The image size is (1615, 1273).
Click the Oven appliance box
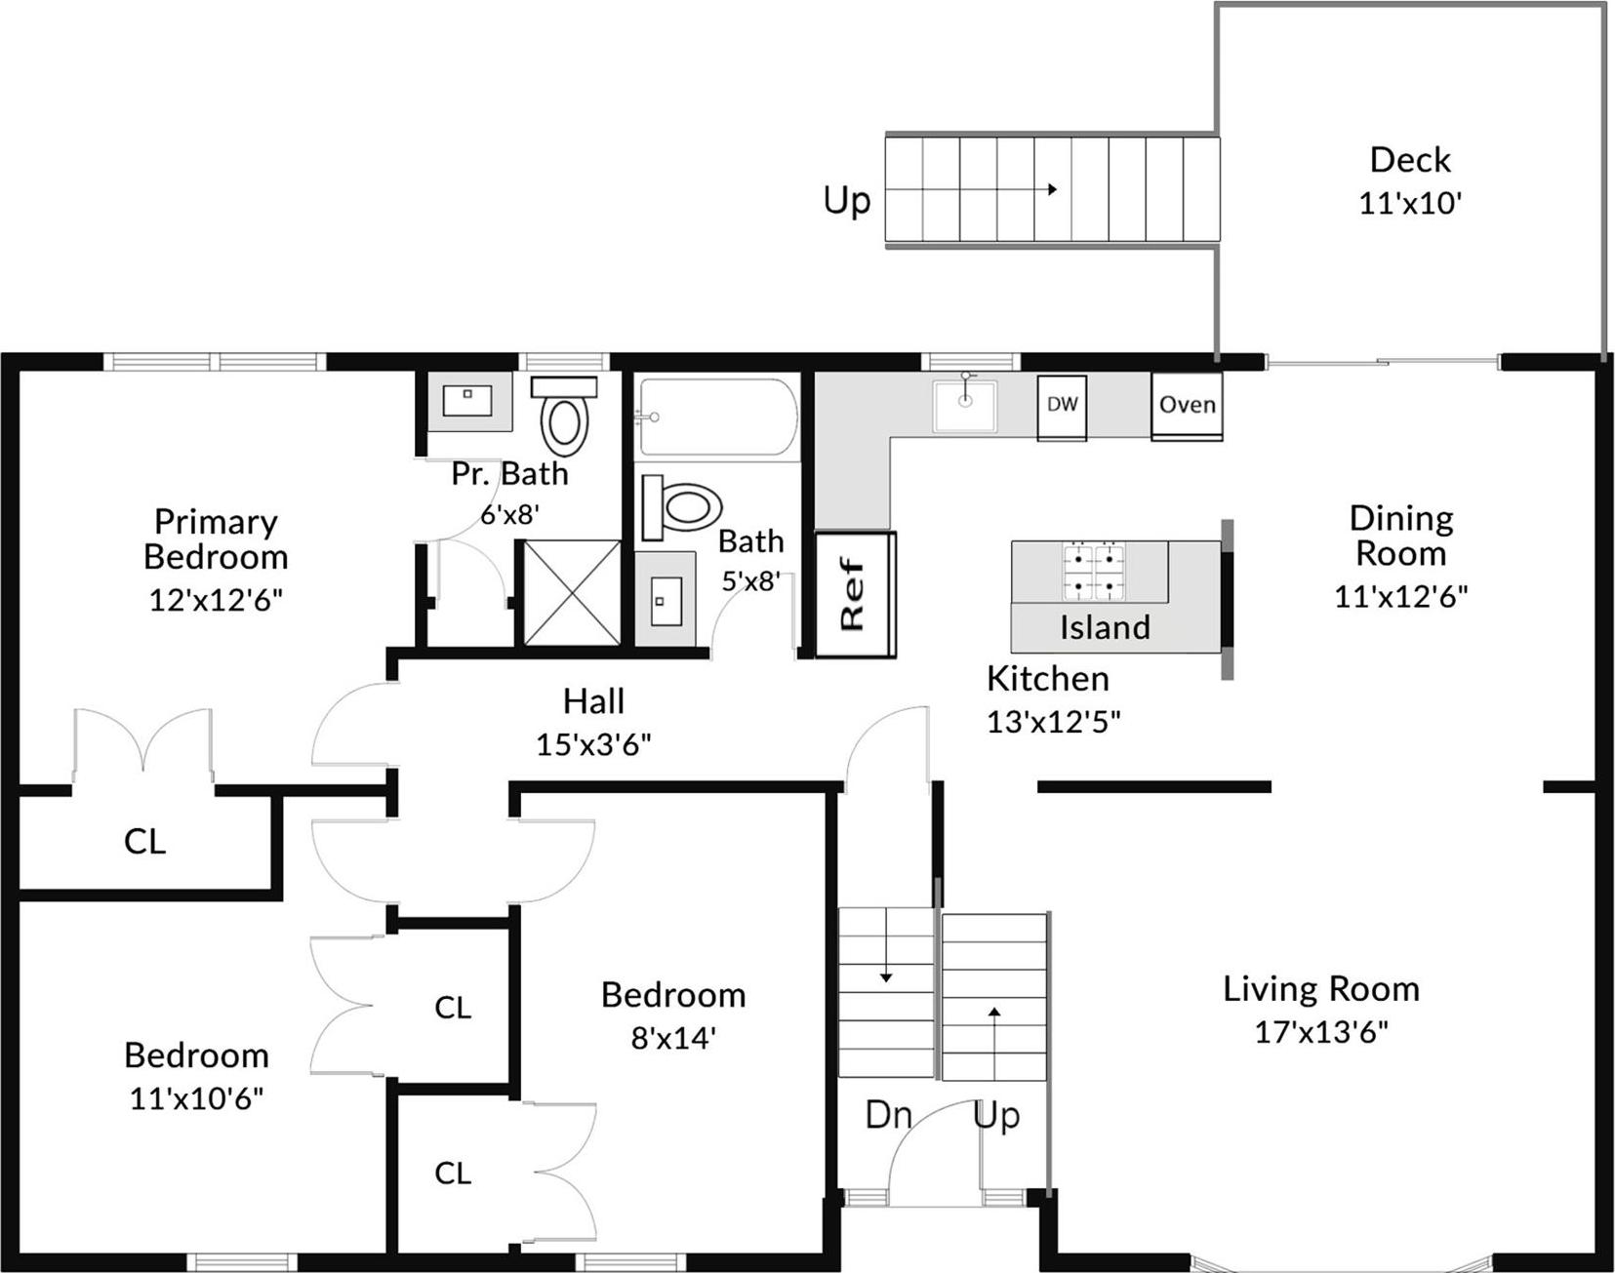click(x=1187, y=406)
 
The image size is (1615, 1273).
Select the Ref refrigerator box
click(x=855, y=594)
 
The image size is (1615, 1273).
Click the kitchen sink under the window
click(x=964, y=406)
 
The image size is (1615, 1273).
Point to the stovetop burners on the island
click(x=1093, y=572)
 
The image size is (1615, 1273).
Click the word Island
click(x=1105, y=627)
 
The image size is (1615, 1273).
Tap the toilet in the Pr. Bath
click(x=564, y=415)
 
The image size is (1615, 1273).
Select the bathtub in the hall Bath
click(x=717, y=418)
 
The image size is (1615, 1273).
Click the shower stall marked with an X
click(x=572, y=593)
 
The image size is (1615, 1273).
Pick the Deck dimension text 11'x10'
click(x=1410, y=203)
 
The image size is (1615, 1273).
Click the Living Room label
click(x=1320, y=989)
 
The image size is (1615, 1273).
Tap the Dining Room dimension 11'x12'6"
click(x=1400, y=596)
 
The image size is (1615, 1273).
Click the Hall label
click(x=593, y=701)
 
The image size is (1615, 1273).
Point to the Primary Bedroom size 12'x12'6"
click(x=216, y=599)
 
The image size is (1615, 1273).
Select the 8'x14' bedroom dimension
click(x=673, y=1037)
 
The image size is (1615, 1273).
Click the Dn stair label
click(x=888, y=1115)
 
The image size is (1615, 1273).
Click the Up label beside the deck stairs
click(x=846, y=201)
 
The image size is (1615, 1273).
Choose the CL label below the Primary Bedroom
click(x=144, y=841)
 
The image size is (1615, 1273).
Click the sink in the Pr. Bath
click(x=470, y=400)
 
